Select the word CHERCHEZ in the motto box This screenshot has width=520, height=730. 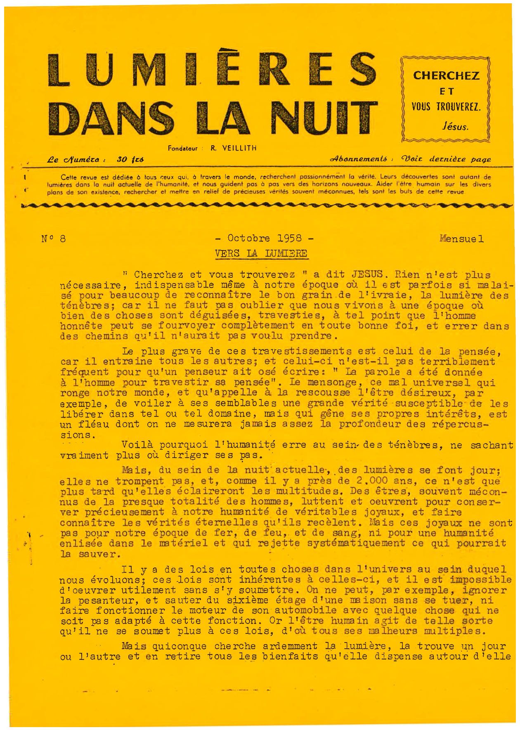[x=447, y=76]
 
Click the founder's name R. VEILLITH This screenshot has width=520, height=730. [x=233, y=148]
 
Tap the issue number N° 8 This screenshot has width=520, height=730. [x=54, y=239]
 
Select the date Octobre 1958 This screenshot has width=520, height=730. [x=265, y=238]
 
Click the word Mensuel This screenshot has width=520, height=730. [x=461, y=239]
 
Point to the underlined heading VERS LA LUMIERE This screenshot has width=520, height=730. [x=261, y=253]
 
